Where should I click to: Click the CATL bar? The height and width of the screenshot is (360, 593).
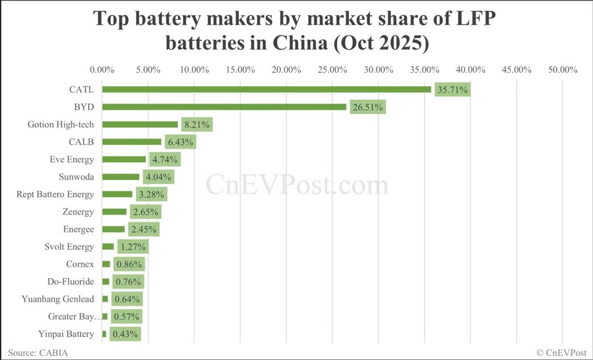[267, 89]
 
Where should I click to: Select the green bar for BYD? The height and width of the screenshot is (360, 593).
[224, 107]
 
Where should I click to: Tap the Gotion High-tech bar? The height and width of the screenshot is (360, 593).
[140, 124]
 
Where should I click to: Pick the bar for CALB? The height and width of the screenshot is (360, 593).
[132, 142]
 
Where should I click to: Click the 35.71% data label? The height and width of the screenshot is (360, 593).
[452, 89]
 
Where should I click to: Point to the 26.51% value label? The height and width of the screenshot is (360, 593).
[368, 107]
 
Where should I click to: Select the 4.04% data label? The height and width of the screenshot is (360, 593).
[158, 177]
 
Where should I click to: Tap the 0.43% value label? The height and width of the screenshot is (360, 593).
[125, 334]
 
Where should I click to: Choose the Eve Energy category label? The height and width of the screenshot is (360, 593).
[72, 159]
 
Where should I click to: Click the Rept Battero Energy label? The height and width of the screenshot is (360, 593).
[55, 194]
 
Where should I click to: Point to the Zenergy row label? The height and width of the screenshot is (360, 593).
[78, 212]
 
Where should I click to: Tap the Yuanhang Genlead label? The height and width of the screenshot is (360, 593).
[57, 299]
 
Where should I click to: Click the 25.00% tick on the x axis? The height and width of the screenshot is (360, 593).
[332, 70]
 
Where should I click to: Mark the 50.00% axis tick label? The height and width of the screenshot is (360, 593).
[562, 70]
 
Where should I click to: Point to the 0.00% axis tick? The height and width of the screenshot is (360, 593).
[103, 70]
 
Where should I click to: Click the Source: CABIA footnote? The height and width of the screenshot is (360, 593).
[38, 353]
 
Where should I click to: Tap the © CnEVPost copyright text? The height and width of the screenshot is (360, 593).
[561, 353]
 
